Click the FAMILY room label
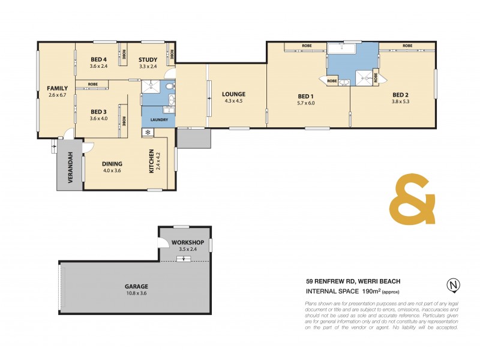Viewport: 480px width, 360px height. coord(58,88)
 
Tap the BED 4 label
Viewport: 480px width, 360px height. coord(99,59)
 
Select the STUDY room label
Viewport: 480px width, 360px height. coord(148,59)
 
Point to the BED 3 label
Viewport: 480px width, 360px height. coord(98,111)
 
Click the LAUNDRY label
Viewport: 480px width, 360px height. coord(159,119)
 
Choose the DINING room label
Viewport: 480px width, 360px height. coord(112,163)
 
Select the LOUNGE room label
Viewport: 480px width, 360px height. coord(233,94)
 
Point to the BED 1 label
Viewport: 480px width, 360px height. coord(306,96)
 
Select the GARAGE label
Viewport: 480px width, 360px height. coord(137,286)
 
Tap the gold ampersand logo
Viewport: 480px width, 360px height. coord(412,200)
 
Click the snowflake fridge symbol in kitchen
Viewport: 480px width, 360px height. coord(147,132)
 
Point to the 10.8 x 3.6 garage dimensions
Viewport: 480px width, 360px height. coord(137,293)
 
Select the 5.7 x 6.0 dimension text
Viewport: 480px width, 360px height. coord(306,103)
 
